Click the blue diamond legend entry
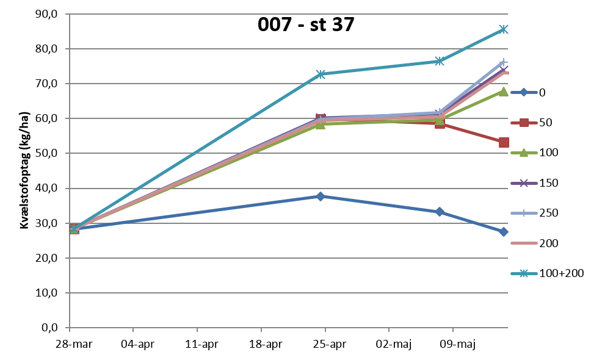pos(524,92)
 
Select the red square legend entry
pos(524,123)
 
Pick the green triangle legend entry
pos(524,153)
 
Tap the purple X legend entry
pos(524,183)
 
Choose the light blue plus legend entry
pos(524,213)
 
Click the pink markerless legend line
pos(524,243)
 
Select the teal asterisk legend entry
pos(524,273)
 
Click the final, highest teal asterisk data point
pos(503,29)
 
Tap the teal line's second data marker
pos(321,74)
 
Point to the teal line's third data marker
pos(440,61)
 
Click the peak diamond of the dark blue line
pos(321,196)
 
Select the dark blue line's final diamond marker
pos(503,232)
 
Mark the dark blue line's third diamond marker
pos(440,212)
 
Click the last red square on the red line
pos(504,142)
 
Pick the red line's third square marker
pos(440,123)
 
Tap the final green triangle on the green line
pos(503,92)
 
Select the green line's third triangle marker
pos(440,120)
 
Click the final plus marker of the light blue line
pos(503,62)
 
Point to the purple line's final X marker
pos(504,69)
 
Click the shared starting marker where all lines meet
pos(74,229)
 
